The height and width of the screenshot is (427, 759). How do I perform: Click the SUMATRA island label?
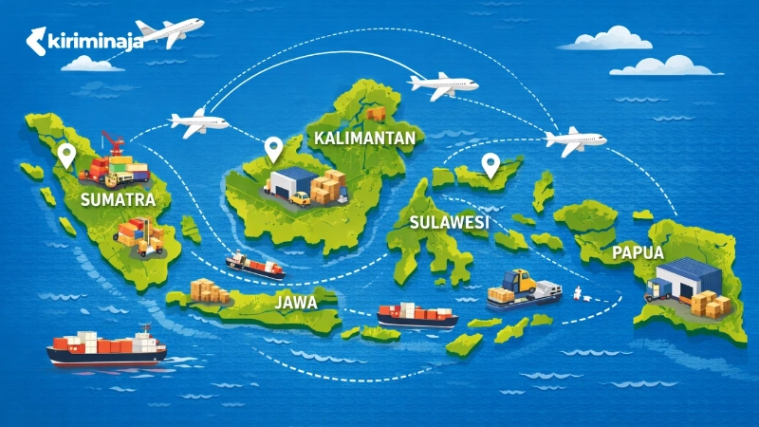click(119, 200)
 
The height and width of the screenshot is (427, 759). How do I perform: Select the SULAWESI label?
click(449, 223)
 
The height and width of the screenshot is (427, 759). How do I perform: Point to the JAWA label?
click(295, 304)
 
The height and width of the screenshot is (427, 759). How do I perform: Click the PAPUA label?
click(638, 253)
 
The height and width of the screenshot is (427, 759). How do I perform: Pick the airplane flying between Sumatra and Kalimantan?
click(199, 121)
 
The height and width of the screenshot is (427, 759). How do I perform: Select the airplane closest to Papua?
click(575, 140)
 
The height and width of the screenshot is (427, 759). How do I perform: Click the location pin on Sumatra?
click(65, 155)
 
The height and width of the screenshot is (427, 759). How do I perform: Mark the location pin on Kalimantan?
click(273, 148)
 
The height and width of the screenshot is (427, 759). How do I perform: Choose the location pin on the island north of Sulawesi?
click(491, 165)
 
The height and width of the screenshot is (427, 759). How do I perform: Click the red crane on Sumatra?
click(112, 144)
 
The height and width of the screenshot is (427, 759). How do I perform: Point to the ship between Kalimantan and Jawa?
click(254, 265)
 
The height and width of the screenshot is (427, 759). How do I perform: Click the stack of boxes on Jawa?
click(210, 290)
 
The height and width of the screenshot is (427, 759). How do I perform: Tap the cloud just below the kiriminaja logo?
click(92, 64)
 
